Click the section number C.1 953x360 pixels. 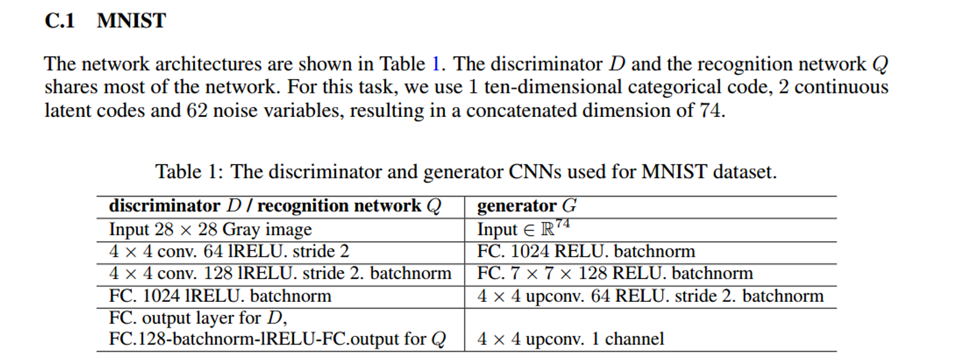[60, 21]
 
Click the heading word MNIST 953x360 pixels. [131, 21]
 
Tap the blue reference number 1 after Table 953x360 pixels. [437, 64]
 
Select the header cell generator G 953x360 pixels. [527, 207]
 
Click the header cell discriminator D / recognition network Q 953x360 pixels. [275, 207]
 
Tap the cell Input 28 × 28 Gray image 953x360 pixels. [210, 229]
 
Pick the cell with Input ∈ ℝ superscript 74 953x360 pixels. [524, 229]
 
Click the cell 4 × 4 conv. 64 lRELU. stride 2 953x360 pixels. [229, 252]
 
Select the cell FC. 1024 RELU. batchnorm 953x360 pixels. [586, 252]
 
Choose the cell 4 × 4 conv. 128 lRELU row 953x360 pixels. [280, 273]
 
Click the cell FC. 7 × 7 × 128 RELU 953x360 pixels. [615, 273]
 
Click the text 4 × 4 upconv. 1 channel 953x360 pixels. [570, 339]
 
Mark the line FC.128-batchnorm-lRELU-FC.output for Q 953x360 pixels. [277, 340]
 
